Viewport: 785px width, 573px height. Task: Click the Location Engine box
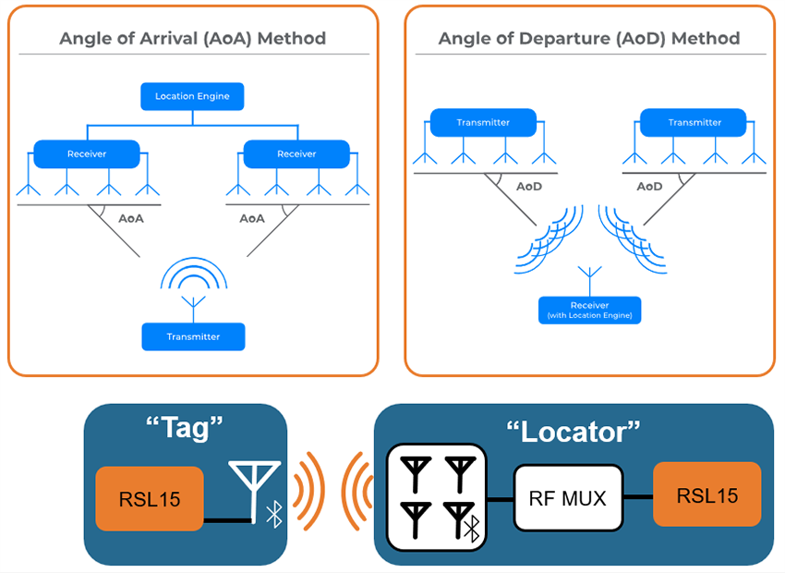coord(192,96)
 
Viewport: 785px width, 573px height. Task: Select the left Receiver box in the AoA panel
coord(87,153)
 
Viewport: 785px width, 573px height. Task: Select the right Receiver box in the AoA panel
coord(296,153)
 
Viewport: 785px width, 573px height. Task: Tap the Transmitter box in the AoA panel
coord(193,336)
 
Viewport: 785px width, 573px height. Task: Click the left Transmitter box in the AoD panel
coord(483,122)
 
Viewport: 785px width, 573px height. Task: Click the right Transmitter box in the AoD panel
coord(694,122)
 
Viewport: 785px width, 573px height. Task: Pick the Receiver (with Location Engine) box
coord(589,310)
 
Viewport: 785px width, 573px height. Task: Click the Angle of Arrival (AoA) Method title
coord(192,39)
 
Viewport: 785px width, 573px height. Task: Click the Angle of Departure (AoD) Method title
coord(589,39)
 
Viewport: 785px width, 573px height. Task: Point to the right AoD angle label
coord(649,187)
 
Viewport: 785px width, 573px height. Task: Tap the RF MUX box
coord(568,498)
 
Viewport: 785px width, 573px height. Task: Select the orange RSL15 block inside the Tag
coord(150,499)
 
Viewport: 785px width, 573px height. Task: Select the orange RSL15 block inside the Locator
coord(707,494)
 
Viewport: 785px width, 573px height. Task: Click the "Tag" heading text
coord(186,430)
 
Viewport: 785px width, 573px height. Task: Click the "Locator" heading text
coord(573,431)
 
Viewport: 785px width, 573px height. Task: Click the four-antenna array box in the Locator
coord(436,498)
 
